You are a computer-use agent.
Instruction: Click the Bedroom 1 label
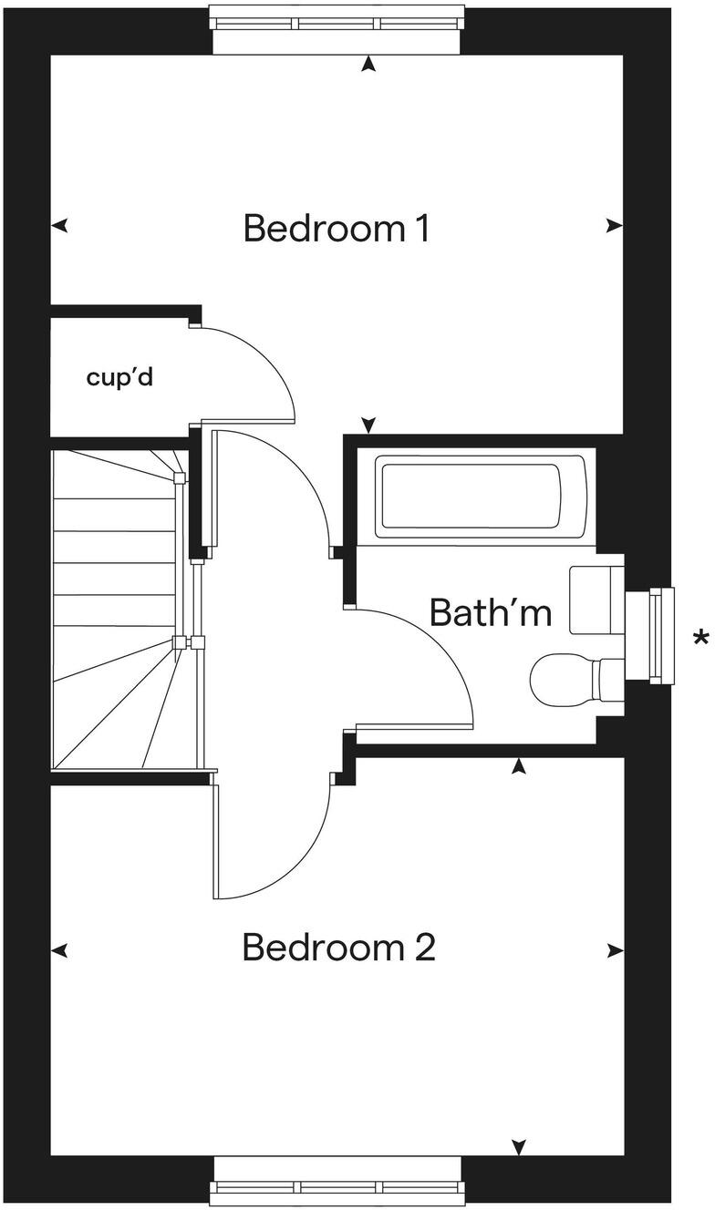[337, 228]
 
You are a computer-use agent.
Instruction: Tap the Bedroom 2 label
[338, 949]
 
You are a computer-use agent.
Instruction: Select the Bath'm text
[491, 612]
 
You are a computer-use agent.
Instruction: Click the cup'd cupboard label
[119, 377]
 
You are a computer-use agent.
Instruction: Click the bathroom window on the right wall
[661, 635]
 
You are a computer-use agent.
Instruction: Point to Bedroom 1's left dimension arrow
[60, 226]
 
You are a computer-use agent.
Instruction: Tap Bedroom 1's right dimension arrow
[615, 226]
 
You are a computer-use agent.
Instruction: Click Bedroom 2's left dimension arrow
[60, 950]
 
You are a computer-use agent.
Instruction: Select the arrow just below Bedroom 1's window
[368, 64]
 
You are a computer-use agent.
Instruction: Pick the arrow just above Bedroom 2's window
[519, 1145]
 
